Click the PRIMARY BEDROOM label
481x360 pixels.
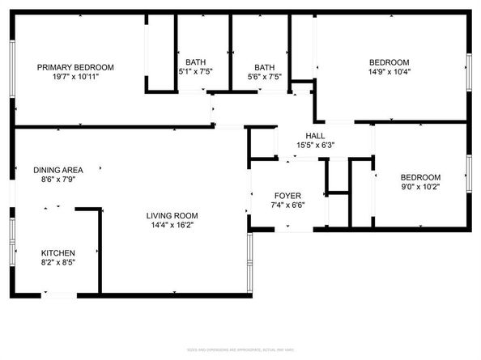pyautogui.click(x=75, y=67)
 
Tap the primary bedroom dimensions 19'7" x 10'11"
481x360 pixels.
pyautogui.click(x=75, y=78)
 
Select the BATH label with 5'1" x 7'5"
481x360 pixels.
pyautogui.click(x=195, y=62)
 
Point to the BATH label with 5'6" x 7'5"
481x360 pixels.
pyautogui.click(x=264, y=67)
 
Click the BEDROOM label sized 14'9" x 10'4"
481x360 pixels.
pyautogui.click(x=389, y=62)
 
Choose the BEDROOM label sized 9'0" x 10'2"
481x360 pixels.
pyautogui.click(x=420, y=177)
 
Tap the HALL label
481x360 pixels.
pyautogui.click(x=315, y=135)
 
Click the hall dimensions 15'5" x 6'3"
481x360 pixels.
pyautogui.click(x=315, y=146)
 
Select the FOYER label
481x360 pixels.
pyautogui.click(x=287, y=196)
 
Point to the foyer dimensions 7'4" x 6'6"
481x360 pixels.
pyautogui.click(x=287, y=206)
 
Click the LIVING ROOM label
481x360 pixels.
pyautogui.click(x=172, y=215)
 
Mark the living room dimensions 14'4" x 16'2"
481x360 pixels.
pyautogui.click(x=172, y=226)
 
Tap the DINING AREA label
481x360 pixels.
pyautogui.click(x=57, y=170)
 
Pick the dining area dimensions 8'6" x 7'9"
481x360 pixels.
pyautogui.click(x=57, y=180)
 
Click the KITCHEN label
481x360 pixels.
pyautogui.click(x=58, y=252)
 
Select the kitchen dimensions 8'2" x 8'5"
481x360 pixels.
pyautogui.click(x=58, y=263)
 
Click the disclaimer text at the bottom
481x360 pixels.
pyautogui.click(x=240, y=349)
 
